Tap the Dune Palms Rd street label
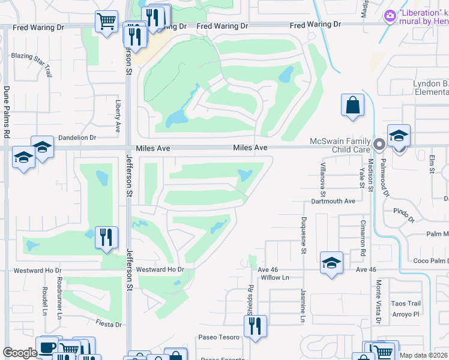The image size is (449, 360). point(7,112)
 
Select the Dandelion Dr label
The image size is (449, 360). point(77,137)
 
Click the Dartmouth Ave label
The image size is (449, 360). point(333,202)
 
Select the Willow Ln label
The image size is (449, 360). point(275,278)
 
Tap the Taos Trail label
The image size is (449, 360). point(406,304)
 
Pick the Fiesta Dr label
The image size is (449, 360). point(109,324)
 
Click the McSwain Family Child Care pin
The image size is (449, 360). point(379,144)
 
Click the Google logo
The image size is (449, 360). point(20,353)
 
